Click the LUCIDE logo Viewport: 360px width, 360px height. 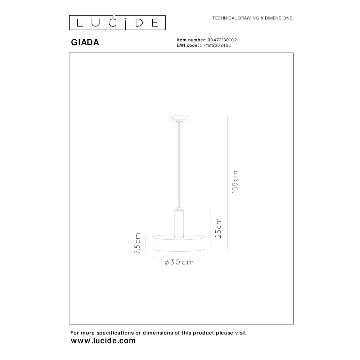[x=117, y=23]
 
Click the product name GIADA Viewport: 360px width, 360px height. [x=85, y=42]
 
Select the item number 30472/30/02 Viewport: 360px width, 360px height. [x=222, y=40]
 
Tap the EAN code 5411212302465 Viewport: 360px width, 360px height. [x=215, y=45]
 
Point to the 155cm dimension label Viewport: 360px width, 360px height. [x=235, y=182]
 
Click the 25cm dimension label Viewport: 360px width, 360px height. [x=218, y=228]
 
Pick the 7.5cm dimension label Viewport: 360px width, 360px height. [x=137, y=243]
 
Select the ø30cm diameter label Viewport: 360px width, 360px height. [x=179, y=262]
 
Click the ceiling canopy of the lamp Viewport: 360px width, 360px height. [x=179, y=118]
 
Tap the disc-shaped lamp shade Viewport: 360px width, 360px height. [x=179, y=243]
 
